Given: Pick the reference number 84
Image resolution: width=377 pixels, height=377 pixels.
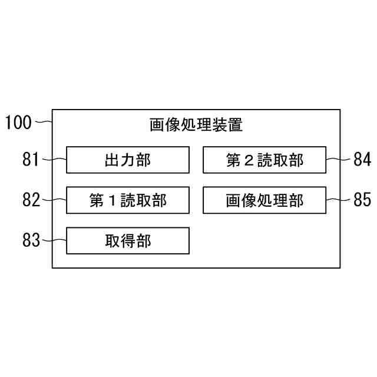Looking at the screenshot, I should (361, 160).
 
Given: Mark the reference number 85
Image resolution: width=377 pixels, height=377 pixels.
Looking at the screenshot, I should (361, 200).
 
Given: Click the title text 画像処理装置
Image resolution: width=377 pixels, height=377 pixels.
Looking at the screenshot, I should (196, 125).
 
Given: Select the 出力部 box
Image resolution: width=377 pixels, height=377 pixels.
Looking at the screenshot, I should (128, 160).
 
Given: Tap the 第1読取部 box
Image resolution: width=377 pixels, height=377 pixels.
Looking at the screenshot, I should (128, 200).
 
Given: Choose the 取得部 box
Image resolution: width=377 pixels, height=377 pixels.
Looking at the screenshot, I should (128, 240).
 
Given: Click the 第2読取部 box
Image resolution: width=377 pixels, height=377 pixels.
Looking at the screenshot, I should (264, 160).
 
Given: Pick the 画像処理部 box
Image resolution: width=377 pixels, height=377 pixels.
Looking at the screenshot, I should (264, 200).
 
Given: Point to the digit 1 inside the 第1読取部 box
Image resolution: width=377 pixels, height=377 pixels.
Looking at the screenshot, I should (112, 201).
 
